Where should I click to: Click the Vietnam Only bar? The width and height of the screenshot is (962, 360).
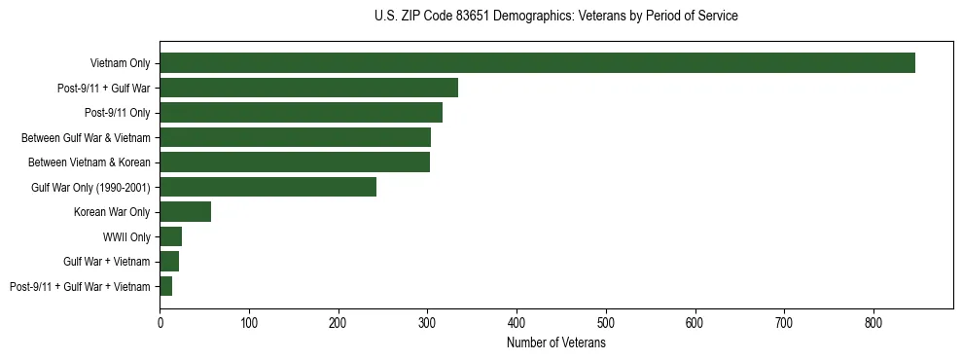(x=537, y=62)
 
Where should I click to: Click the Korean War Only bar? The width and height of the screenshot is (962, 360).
(x=185, y=212)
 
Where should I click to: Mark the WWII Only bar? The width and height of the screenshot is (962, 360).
(x=170, y=236)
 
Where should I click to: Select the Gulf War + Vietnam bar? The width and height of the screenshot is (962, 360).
(x=169, y=262)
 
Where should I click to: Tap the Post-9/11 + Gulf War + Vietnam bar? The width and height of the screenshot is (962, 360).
(x=165, y=286)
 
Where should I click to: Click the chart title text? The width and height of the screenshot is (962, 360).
(x=555, y=17)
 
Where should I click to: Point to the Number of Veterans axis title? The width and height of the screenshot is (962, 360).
(x=555, y=342)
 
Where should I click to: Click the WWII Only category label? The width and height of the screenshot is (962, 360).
(x=126, y=236)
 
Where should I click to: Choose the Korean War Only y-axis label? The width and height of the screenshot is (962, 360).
(x=112, y=212)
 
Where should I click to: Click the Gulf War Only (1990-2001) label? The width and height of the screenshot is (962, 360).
(x=90, y=187)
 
